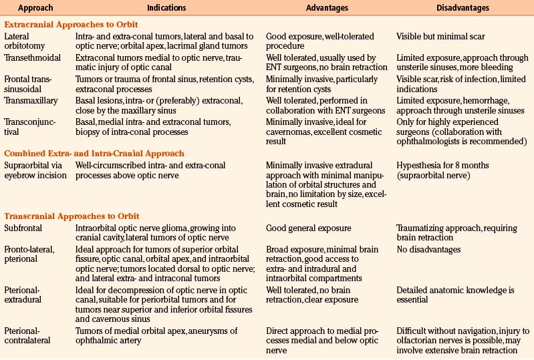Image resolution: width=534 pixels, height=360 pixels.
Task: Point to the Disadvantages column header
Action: [451, 8]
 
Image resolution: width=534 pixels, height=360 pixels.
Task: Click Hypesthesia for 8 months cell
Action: [442, 165]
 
